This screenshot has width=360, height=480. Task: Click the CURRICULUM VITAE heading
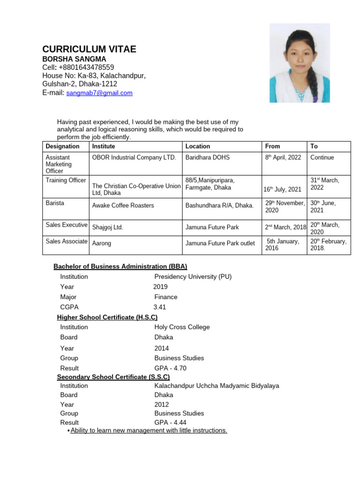(x=89, y=49)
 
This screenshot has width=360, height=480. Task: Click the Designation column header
(x=63, y=146)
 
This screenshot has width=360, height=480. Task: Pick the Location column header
(x=198, y=146)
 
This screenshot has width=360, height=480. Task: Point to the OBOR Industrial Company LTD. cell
(x=134, y=157)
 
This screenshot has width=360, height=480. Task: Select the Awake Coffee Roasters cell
(x=123, y=205)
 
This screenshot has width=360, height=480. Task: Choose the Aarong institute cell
(x=102, y=244)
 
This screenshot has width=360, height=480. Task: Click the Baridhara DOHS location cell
(x=208, y=157)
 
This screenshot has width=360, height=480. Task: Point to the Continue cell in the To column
(x=322, y=157)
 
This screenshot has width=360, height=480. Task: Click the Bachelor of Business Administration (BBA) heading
(x=120, y=266)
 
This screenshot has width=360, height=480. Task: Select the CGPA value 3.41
(x=160, y=307)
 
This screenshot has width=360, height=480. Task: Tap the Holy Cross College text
(x=182, y=327)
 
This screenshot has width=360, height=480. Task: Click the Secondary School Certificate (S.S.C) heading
(x=113, y=377)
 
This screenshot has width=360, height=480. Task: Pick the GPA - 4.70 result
(x=170, y=368)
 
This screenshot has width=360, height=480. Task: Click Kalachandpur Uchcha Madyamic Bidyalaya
(x=217, y=386)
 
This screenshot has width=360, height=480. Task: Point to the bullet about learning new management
(x=149, y=430)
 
